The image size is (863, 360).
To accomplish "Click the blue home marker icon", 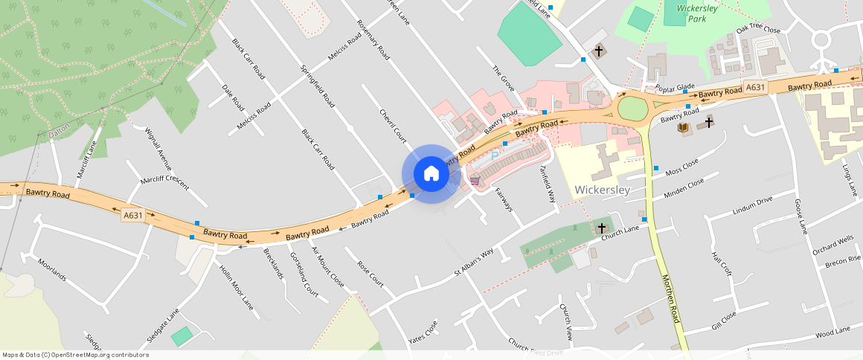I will click(x=431, y=174).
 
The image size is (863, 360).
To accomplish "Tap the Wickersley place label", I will click(x=603, y=190).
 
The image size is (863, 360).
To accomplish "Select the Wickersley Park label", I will click(x=692, y=13).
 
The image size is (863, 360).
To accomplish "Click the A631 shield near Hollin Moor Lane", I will click(x=132, y=215).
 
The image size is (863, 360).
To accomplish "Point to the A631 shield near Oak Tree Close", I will click(x=755, y=88).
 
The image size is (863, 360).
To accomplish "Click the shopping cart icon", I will click(x=474, y=181).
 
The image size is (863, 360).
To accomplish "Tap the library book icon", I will click(x=682, y=128).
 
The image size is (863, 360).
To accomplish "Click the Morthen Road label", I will click(x=671, y=298).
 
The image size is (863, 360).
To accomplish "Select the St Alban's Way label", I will click(x=474, y=263).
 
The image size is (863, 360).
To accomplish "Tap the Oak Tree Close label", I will click(x=758, y=30).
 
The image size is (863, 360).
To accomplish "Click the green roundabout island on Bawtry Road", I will click(x=632, y=109).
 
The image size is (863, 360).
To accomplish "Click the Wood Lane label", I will click(x=832, y=332).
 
